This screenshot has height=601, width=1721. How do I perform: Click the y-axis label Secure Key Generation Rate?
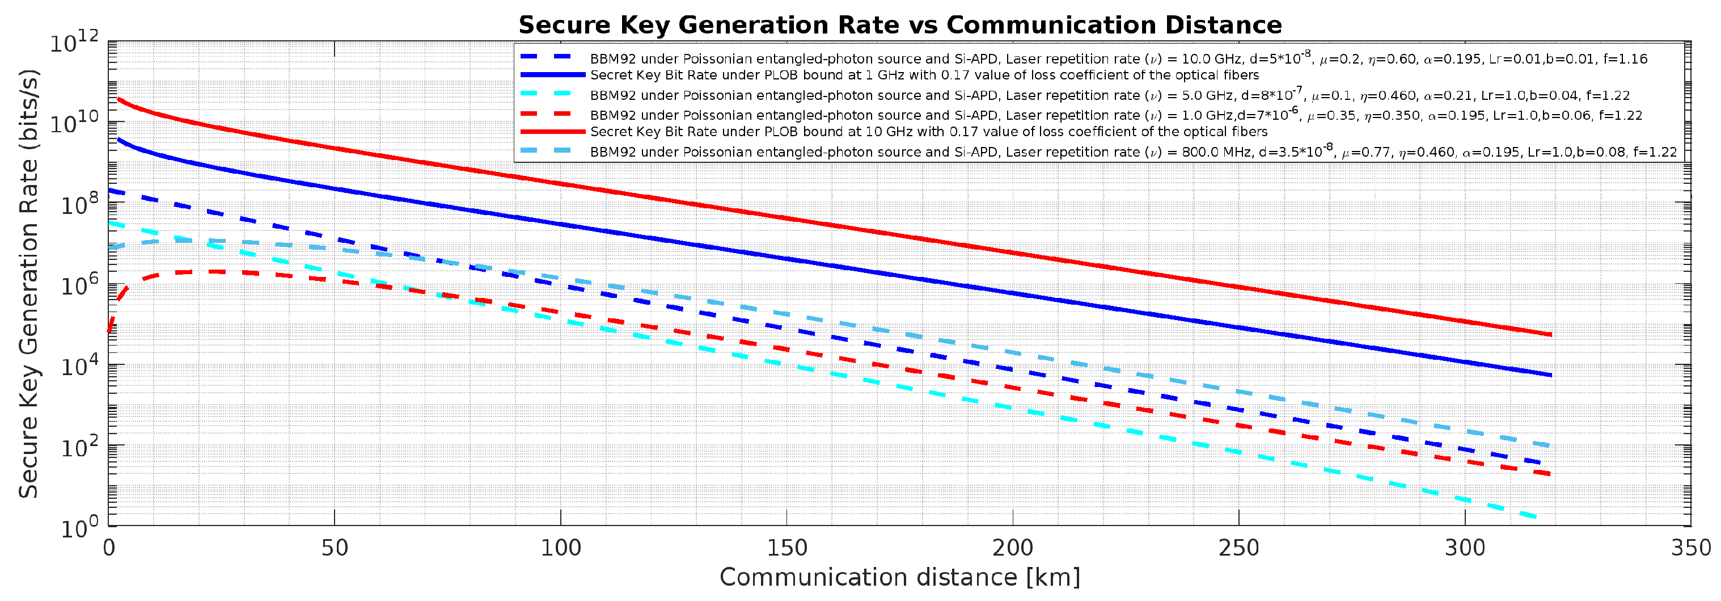click(28, 284)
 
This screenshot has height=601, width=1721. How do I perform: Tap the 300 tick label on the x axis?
click(1465, 548)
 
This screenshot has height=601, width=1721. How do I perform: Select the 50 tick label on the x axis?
click(334, 548)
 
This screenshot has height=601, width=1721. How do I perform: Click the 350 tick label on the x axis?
click(1690, 548)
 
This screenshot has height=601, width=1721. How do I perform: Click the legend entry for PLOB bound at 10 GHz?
click(929, 132)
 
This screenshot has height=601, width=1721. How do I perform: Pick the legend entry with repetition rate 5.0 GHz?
click(1109, 95)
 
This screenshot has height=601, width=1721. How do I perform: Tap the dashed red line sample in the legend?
click(552, 114)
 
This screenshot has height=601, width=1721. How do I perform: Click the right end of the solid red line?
click(1550, 335)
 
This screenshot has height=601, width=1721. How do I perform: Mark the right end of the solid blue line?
click(1550, 375)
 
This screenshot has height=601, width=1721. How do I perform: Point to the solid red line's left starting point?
click(119, 99)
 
